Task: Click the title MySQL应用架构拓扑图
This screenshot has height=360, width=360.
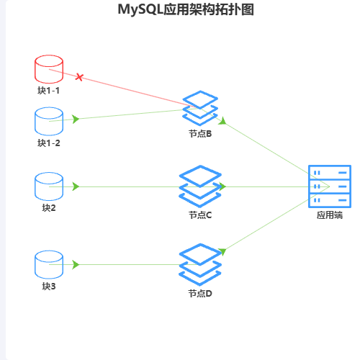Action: (x=186, y=9)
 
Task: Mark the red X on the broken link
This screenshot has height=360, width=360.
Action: (x=79, y=77)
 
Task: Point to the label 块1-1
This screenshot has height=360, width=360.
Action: (x=48, y=91)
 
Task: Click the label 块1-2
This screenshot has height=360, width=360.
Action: (x=49, y=143)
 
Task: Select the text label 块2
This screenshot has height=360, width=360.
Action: (x=49, y=208)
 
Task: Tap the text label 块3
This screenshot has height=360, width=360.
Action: (x=49, y=287)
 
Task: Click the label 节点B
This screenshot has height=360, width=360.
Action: (x=200, y=134)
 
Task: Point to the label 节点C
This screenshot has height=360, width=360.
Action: (x=200, y=215)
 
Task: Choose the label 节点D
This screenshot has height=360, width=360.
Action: (x=200, y=294)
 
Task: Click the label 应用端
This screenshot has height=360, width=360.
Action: (x=330, y=215)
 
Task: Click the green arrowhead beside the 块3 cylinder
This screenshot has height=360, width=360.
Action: (x=76, y=264)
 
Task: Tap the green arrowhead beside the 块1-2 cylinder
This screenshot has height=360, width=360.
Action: (x=76, y=119)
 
